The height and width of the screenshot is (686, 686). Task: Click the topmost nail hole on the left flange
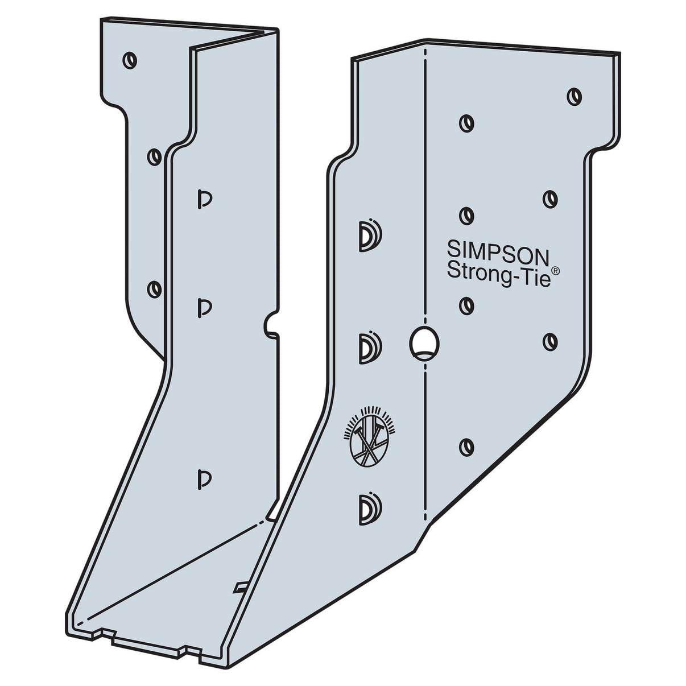pyautogui.click(x=130, y=59)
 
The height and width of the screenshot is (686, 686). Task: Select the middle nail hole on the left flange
pyautogui.click(x=154, y=156)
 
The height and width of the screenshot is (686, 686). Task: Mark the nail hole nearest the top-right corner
pyautogui.click(x=575, y=96)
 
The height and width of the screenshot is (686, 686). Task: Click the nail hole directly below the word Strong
pyautogui.click(x=467, y=305)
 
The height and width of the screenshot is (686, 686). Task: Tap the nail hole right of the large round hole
pyautogui.click(x=549, y=340)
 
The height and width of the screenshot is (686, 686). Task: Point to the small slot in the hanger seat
pyautogui.click(x=241, y=586)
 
